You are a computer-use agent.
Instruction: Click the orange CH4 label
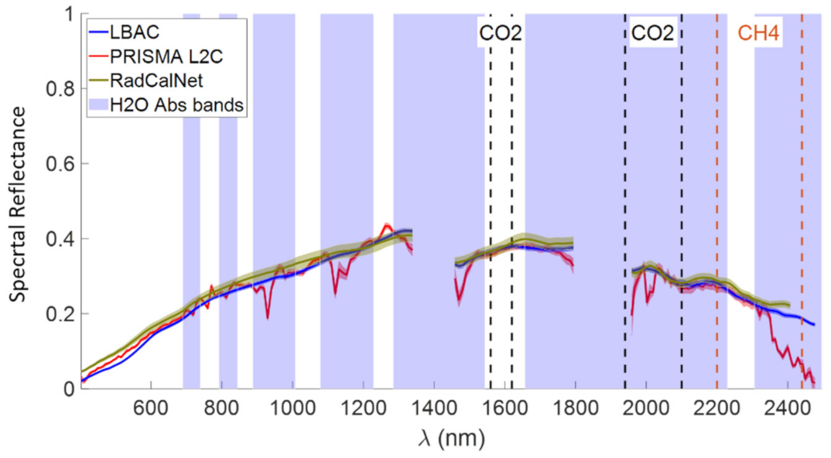(x=758, y=34)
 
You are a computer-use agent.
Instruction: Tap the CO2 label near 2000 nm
(x=652, y=34)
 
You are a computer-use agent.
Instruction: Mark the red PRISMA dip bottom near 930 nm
(x=268, y=318)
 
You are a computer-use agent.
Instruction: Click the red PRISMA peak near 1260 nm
(x=386, y=225)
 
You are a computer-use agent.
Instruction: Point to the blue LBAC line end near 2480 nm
(x=814, y=324)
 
